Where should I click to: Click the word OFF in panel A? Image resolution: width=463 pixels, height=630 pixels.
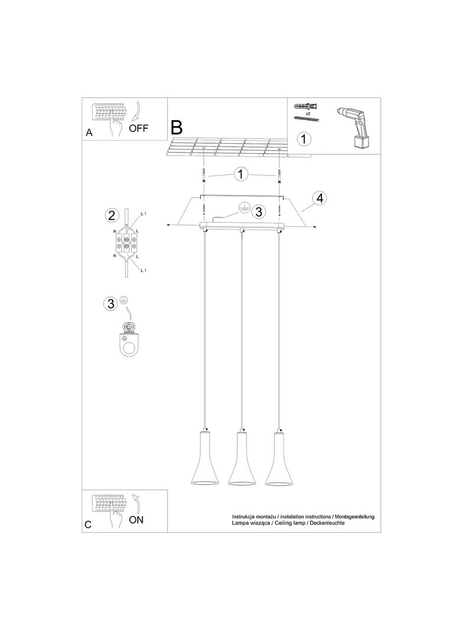(x=139, y=128)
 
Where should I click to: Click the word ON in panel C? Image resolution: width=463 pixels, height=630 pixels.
(x=136, y=520)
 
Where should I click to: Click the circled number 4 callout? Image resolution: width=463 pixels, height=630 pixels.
(x=319, y=198)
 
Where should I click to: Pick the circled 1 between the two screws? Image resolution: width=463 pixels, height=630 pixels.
(x=240, y=175)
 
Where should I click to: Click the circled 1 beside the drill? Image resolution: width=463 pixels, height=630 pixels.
(x=303, y=139)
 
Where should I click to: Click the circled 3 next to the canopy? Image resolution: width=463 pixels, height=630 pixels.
(x=257, y=211)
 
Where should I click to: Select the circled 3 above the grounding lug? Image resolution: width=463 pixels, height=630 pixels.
(x=110, y=304)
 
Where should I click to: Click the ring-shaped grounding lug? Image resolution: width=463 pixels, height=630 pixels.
(x=128, y=346)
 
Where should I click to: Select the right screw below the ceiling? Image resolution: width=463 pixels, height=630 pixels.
(x=278, y=174)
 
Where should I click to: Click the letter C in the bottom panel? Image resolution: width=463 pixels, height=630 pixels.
(x=88, y=524)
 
